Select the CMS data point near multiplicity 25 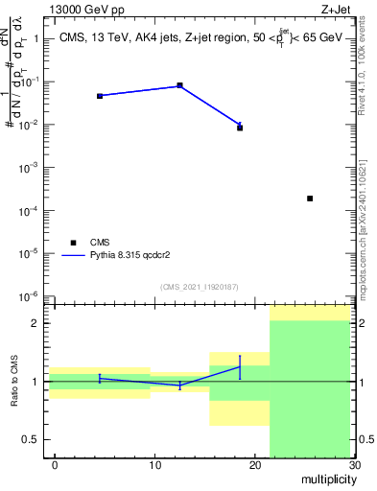(x=310, y=199)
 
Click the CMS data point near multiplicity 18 (x=240, y=128)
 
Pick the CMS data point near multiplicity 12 (x=180, y=85)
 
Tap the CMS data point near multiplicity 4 (x=100, y=96)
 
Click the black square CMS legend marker (x=70, y=242)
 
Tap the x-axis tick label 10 (x=155, y=466)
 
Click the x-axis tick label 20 (x=255, y=466)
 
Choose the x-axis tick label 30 (x=355, y=466)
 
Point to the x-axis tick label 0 (x=56, y=466)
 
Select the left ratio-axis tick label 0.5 (x=34, y=439)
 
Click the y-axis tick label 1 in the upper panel (x=37, y=39)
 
